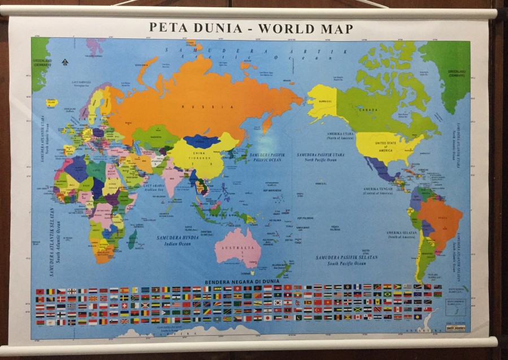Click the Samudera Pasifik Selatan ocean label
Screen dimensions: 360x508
click(347, 260)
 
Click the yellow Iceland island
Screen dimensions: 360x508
click(52, 103)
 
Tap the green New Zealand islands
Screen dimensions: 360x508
click(283, 270)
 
